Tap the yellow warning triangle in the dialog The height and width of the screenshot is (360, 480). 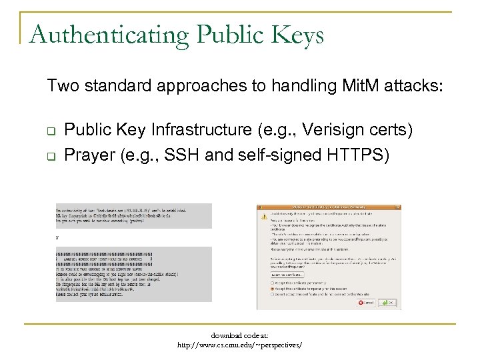264,217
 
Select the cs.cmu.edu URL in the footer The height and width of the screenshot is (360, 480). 239,345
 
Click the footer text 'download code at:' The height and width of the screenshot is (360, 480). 240,336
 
